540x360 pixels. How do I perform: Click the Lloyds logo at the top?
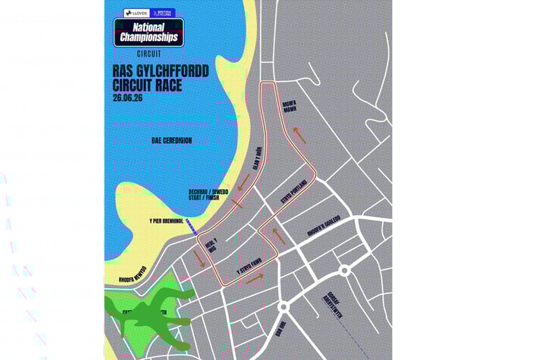pyautogui.click(x=136, y=13)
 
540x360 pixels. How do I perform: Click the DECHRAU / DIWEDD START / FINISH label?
pyautogui.click(x=204, y=194)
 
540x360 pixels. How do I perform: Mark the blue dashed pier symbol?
pyautogui.click(x=192, y=227)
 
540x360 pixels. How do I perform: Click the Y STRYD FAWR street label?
pyautogui.click(x=247, y=267)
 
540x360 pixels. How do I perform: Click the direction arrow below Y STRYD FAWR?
pyautogui.click(x=254, y=278)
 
